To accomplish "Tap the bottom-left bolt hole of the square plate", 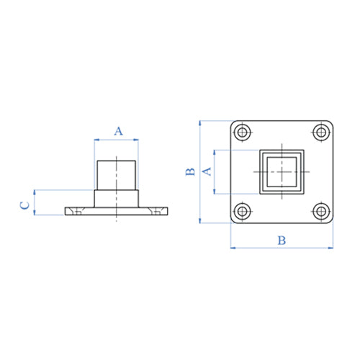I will [243, 212].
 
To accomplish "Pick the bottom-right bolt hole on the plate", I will [320, 212].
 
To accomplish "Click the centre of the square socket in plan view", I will [282, 171].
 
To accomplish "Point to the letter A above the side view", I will [119, 130].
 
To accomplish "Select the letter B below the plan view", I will [282, 240].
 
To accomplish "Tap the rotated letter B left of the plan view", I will [189, 171].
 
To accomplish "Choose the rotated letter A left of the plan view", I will [205, 171].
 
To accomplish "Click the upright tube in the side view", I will [117, 173].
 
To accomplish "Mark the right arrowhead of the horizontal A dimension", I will [138, 140].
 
